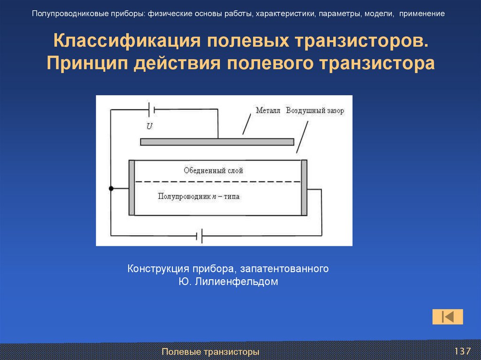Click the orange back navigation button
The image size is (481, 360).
(x=448, y=317)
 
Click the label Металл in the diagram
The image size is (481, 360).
(x=268, y=111)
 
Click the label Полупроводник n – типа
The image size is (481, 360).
(x=199, y=197)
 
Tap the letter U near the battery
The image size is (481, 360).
(x=149, y=126)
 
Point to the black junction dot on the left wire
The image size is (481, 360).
(x=111, y=189)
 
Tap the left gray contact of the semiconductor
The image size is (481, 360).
(x=132, y=188)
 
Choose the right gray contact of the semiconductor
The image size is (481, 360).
(x=304, y=188)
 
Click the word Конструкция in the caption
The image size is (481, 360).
(x=158, y=269)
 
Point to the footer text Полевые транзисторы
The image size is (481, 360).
(x=210, y=352)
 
